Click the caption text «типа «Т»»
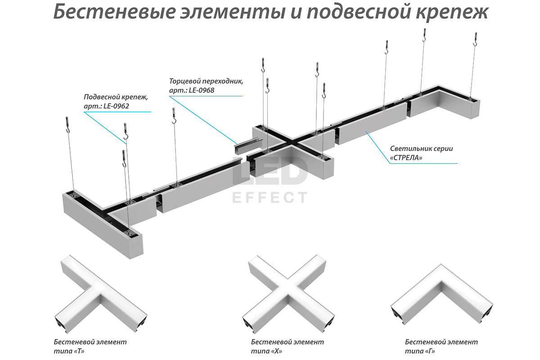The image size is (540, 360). [69, 351]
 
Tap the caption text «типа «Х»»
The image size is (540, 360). [267, 351]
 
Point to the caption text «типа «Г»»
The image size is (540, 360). [420, 351]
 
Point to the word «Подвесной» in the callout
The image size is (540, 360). [100, 97]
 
